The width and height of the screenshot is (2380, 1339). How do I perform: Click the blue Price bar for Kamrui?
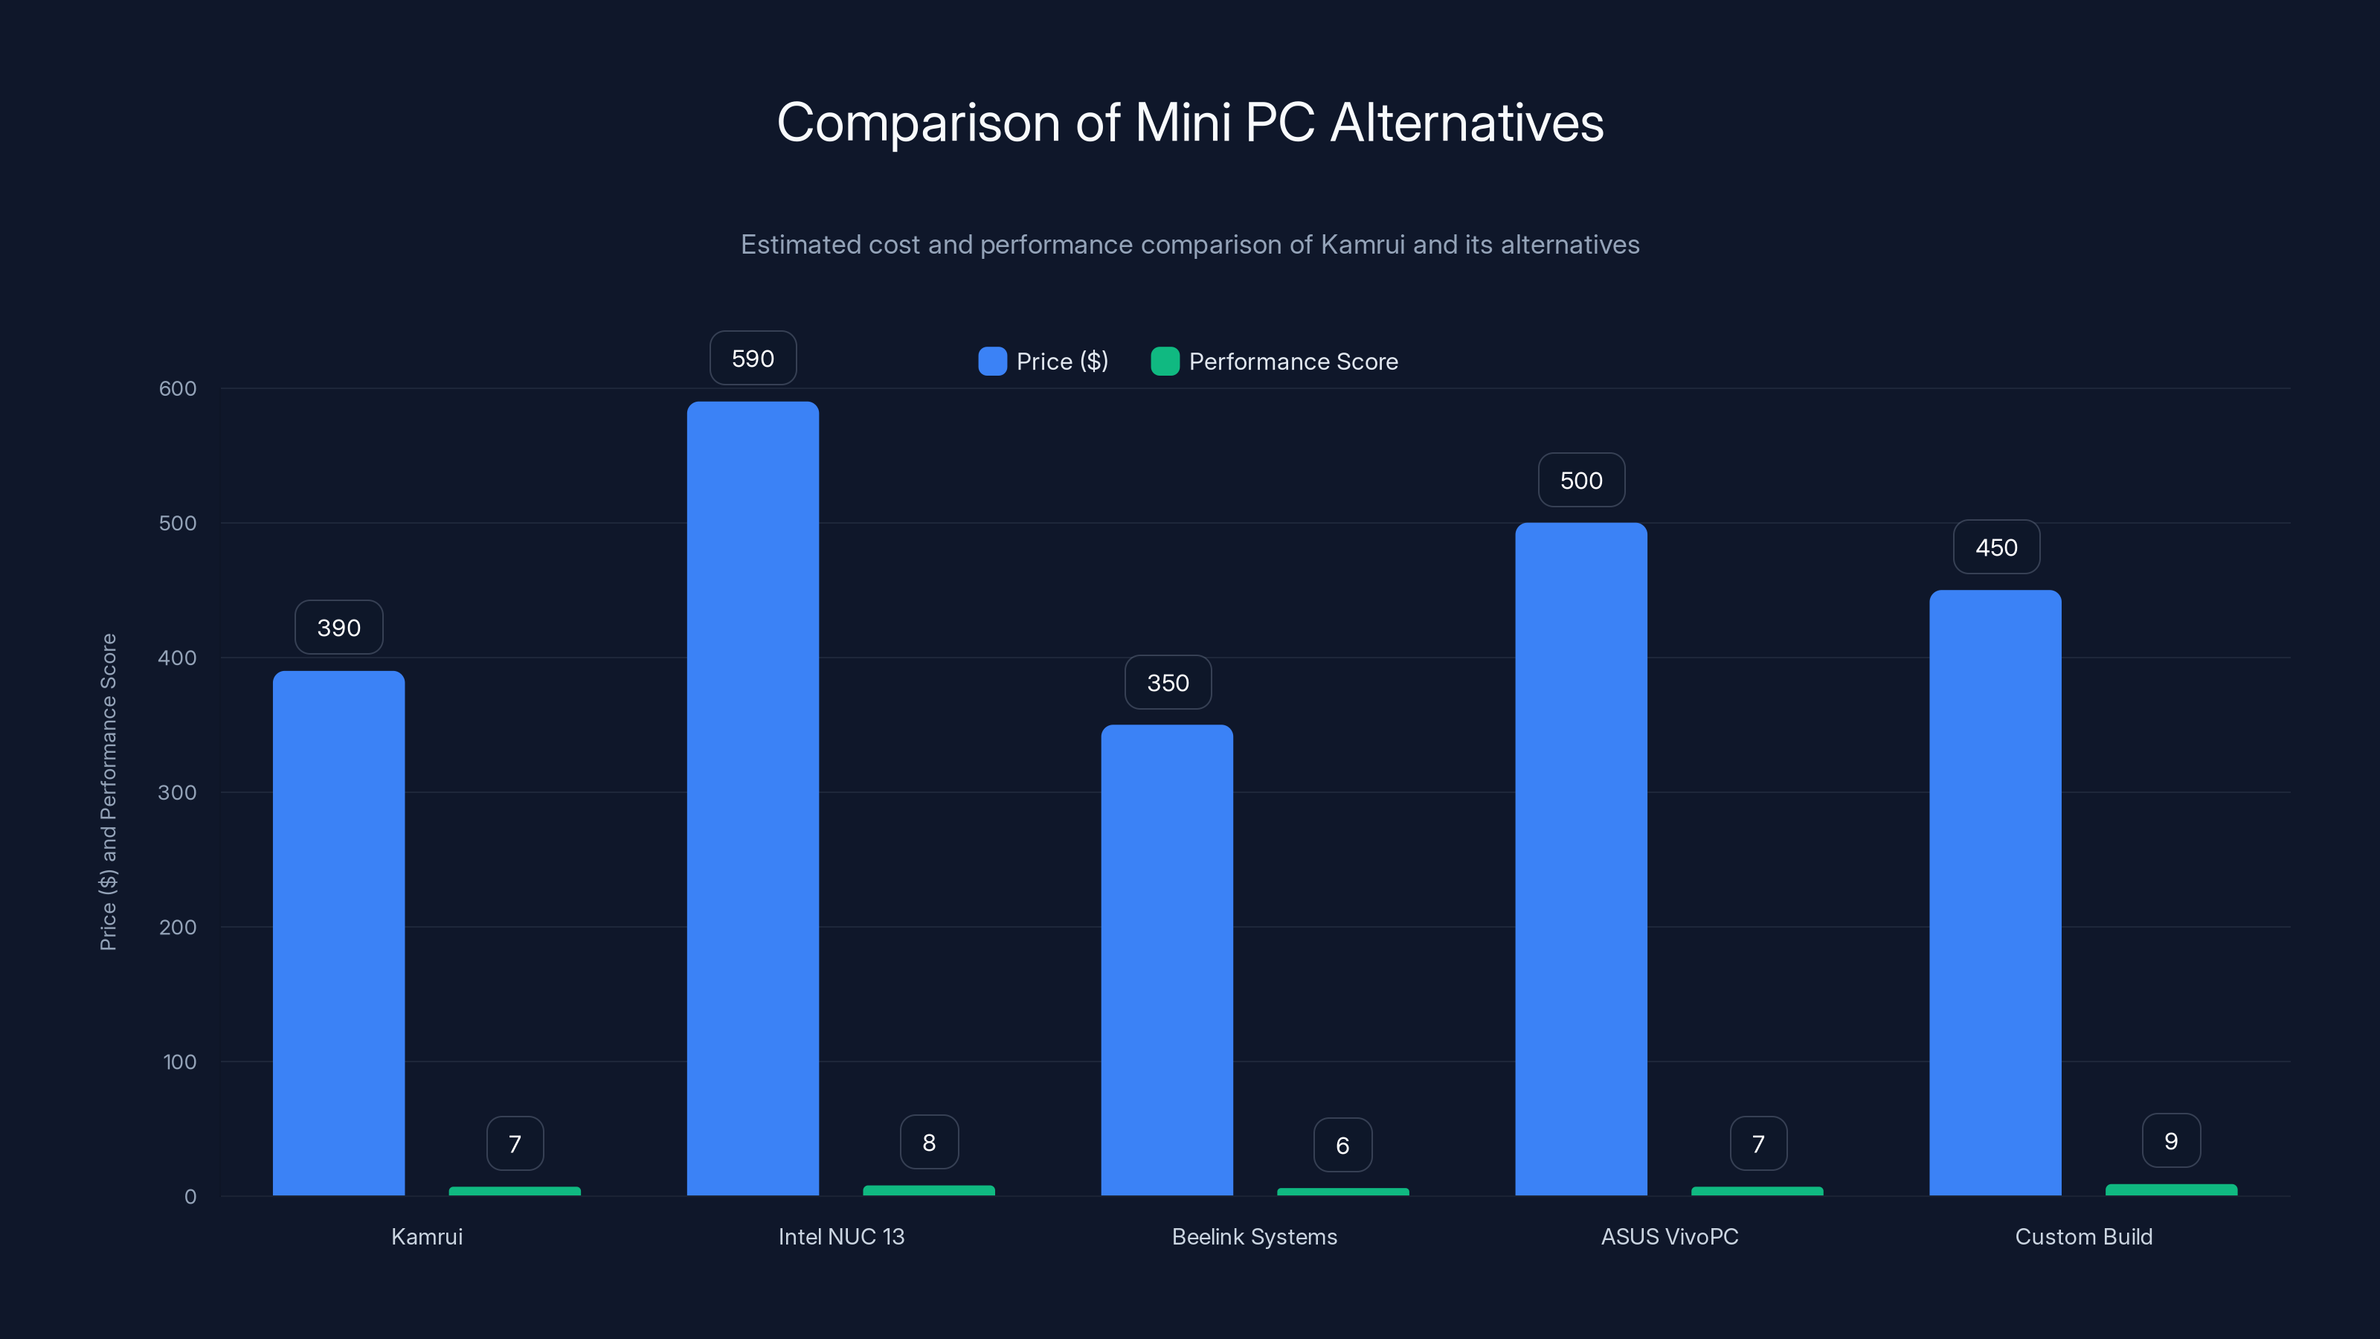point(338,934)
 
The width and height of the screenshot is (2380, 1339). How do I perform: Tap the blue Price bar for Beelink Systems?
point(1166,960)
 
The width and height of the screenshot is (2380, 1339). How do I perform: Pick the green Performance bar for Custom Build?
point(2170,1190)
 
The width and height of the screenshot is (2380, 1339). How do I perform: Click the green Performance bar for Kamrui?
point(515,1191)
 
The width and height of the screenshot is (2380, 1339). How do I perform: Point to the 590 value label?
point(752,359)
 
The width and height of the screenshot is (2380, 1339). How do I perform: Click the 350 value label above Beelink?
point(1167,683)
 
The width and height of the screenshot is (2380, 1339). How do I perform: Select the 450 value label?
point(1995,548)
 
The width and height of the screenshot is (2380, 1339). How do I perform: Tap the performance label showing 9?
point(2170,1141)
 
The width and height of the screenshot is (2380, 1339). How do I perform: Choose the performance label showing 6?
point(1342,1146)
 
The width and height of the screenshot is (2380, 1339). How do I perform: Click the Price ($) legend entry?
point(1044,362)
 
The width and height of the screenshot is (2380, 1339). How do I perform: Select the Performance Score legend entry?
point(1275,362)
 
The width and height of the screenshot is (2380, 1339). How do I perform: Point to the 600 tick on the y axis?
point(178,389)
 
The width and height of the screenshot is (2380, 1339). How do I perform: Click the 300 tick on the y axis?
point(178,793)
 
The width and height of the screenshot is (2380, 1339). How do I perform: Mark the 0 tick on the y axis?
point(190,1197)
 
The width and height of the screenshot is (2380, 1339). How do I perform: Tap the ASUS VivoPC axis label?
point(1668,1236)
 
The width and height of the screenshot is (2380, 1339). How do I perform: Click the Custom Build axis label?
point(2082,1236)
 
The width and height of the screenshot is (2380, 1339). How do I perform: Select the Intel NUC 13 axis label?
point(840,1236)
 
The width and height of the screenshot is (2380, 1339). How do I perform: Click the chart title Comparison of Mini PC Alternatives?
point(1190,123)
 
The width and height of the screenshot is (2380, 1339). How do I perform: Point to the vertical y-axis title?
point(108,792)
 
